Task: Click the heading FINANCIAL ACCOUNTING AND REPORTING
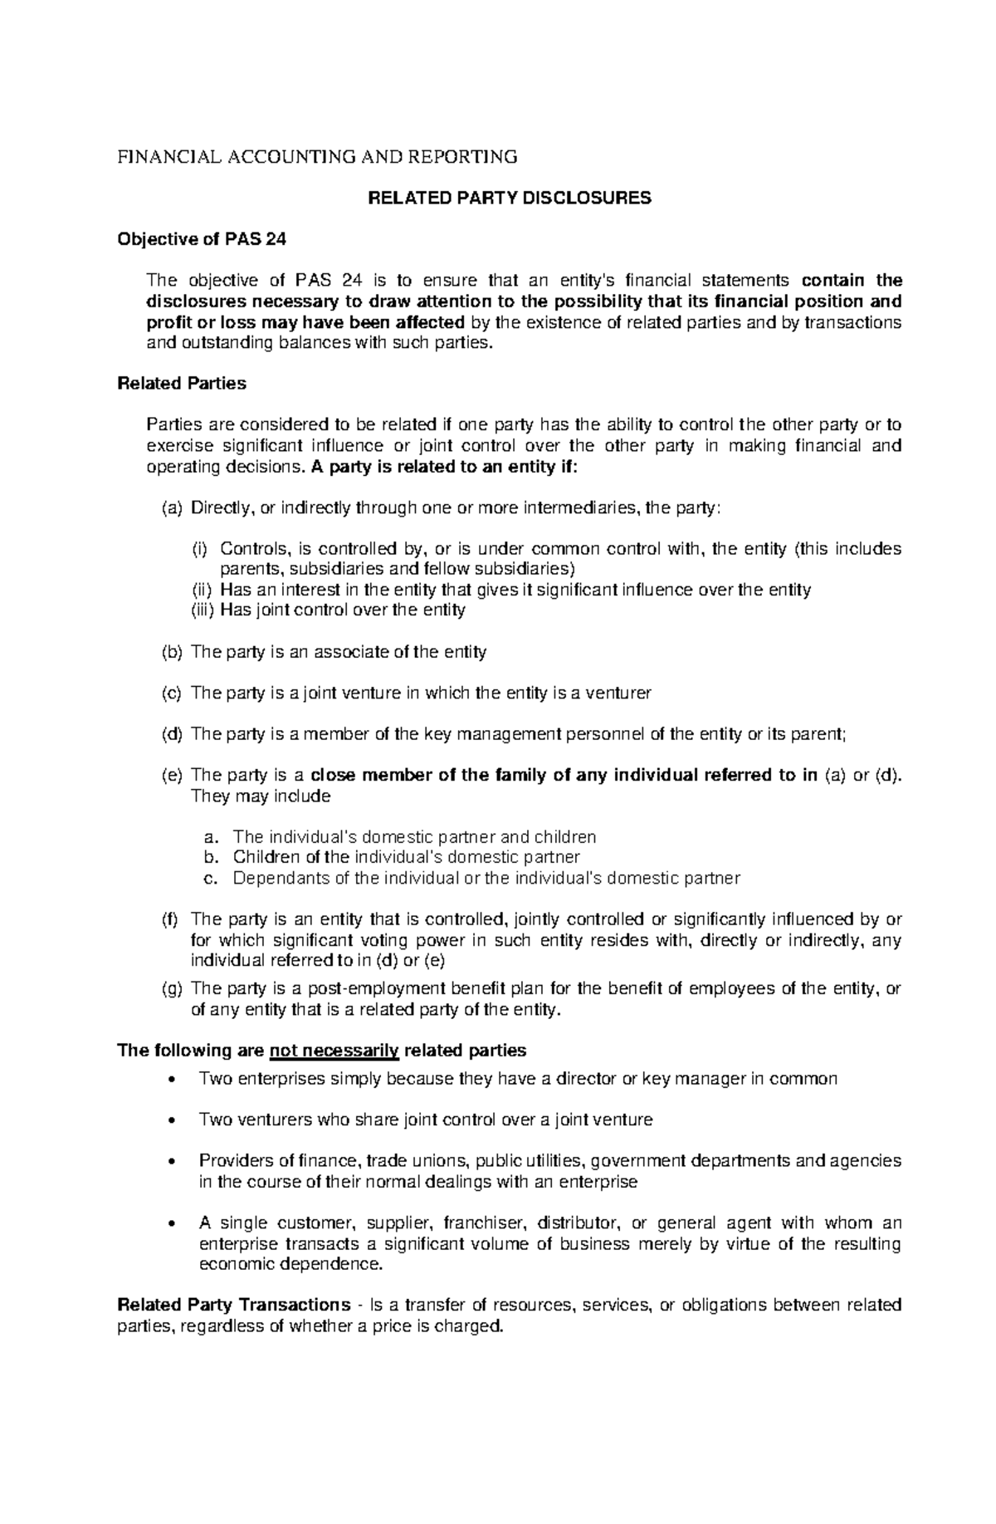click(317, 156)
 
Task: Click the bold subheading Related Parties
click(182, 384)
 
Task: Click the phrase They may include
click(261, 796)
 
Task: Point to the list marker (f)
click(170, 919)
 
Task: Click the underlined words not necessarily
click(334, 1051)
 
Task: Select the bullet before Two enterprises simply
click(171, 1080)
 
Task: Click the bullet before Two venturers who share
click(171, 1120)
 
